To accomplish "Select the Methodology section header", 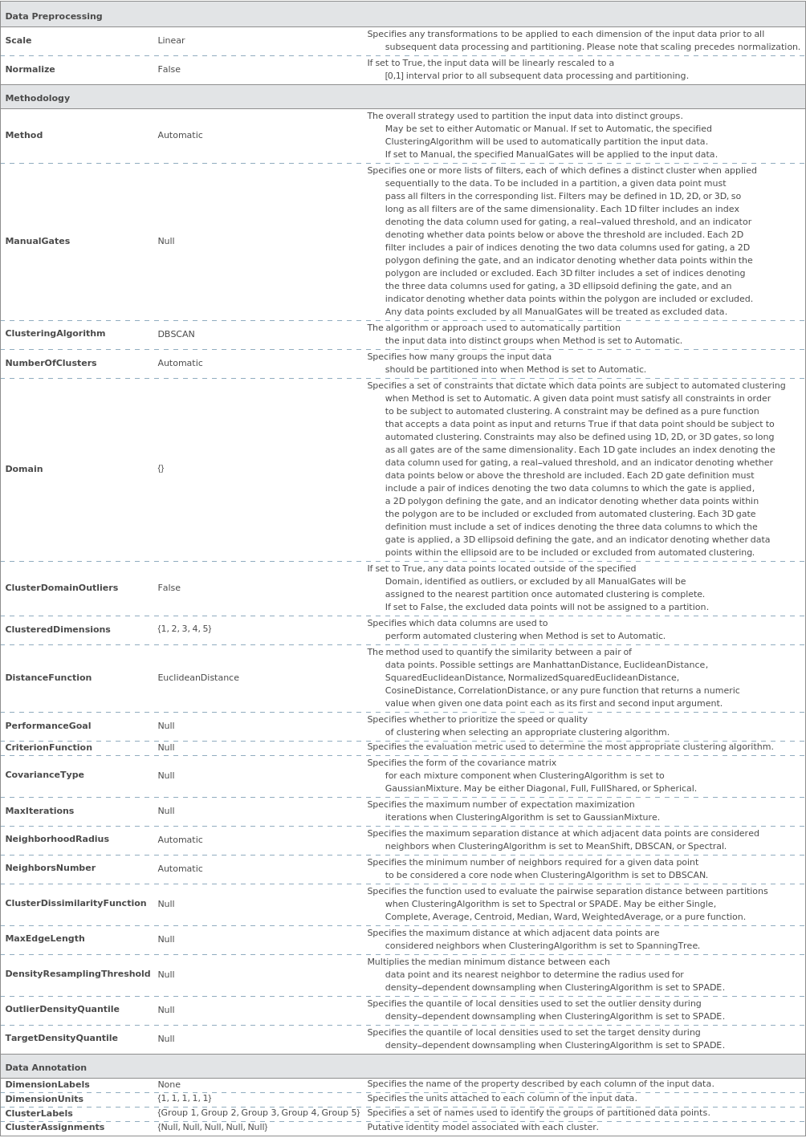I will point(37,98).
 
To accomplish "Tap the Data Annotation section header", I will point(45,1067).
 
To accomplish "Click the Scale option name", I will point(18,40).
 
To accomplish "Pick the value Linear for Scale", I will point(171,40).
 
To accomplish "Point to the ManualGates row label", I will point(37,241).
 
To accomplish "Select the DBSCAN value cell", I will point(176,334).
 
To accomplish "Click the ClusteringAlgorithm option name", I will point(55,333).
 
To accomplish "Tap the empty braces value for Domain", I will point(161,469).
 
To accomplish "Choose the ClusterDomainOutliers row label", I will point(61,587).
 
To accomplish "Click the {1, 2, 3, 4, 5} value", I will point(184,628).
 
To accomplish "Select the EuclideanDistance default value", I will point(197,677).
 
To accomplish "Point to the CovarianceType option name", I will point(44,774).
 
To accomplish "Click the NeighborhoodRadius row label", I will point(56,839).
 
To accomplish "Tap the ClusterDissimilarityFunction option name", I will point(75,903).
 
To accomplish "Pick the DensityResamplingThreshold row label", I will point(77,973).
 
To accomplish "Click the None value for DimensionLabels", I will point(169,1084).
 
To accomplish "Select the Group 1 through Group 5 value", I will point(258,1112).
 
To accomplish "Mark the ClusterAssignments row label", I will point(55,1127).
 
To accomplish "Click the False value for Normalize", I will point(169,69).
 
